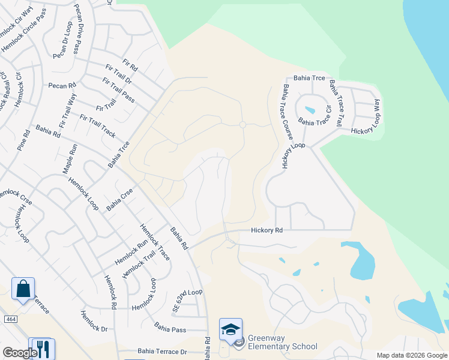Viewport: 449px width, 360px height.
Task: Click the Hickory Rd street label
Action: coord(267,230)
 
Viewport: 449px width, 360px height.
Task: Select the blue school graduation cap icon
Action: coord(231,329)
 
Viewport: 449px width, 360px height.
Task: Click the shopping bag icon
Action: coord(23,289)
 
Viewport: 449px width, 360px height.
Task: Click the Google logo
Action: coord(20,353)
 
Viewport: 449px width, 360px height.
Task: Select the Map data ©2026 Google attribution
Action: coord(412,355)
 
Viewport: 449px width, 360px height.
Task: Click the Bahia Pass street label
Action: coord(170,328)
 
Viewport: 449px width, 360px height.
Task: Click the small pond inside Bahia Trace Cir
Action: coord(310,110)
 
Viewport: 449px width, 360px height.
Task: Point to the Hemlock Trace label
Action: coord(155,241)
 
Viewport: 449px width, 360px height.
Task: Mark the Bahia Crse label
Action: coord(119,199)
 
